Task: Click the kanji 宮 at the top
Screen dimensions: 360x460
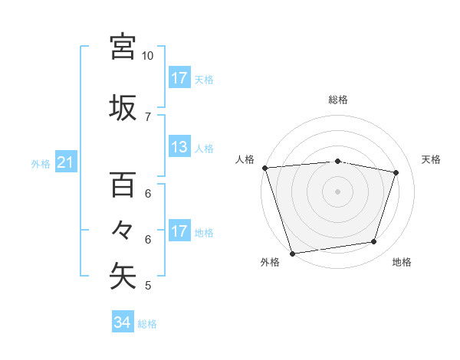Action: click(x=123, y=47)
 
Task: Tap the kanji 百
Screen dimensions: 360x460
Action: click(x=123, y=184)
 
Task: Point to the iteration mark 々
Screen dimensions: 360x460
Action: click(x=123, y=230)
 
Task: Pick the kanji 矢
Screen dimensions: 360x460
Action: click(x=123, y=277)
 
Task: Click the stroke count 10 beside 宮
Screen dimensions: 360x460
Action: click(x=147, y=56)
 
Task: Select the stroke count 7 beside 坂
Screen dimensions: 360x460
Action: click(x=147, y=116)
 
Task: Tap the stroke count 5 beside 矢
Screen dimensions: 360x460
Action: click(x=147, y=286)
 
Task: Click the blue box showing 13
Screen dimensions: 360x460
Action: click(x=179, y=147)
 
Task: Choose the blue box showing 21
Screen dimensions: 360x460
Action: click(x=65, y=162)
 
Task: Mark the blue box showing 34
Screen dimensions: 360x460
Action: click(x=122, y=323)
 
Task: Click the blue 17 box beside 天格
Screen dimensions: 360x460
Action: click(x=179, y=78)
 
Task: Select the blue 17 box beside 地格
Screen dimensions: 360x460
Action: click(x=179, y=231)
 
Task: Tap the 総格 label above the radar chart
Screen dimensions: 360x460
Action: click(x=337, y=100)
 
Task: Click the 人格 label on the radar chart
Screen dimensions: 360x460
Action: click(x=245, y=159)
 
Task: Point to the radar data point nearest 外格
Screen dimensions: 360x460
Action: click(x=291, y=253)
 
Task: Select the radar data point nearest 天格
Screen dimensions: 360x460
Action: click(x=396, y=172)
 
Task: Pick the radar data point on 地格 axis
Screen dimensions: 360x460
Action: click(x=374, y=242)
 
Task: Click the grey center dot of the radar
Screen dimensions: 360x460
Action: click(x=337, y=191)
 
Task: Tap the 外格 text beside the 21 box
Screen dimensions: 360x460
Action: click(x=40, y=163)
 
